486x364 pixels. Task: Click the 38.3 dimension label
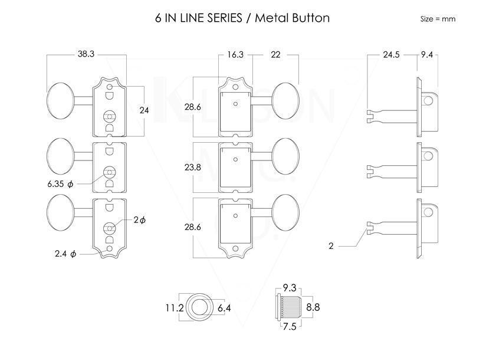[86, 54]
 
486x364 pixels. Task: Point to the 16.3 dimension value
[235, 54]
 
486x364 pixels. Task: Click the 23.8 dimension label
[193, 167]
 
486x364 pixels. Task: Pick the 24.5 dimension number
[392, 54]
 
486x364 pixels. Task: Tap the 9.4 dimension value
[427, 54]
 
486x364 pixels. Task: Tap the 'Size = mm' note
[438, 19]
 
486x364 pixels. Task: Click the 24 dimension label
[144, 110]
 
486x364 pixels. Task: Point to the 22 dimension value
[275, 54]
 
